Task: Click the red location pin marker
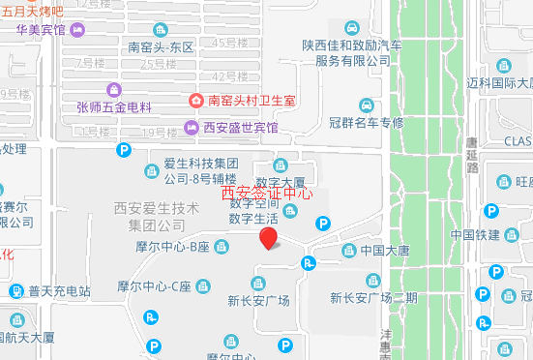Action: point(270,238)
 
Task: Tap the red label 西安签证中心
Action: point(267,193)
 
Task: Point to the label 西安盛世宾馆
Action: point(240,128)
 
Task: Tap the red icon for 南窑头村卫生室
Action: point(197,101)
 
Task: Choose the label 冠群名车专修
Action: point(366,123)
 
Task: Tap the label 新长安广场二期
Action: point(373,297)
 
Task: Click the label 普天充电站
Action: point(59,290)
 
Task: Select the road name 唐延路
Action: point(472,155)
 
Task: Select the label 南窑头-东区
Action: point(162,46)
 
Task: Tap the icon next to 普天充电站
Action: point(17,290)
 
